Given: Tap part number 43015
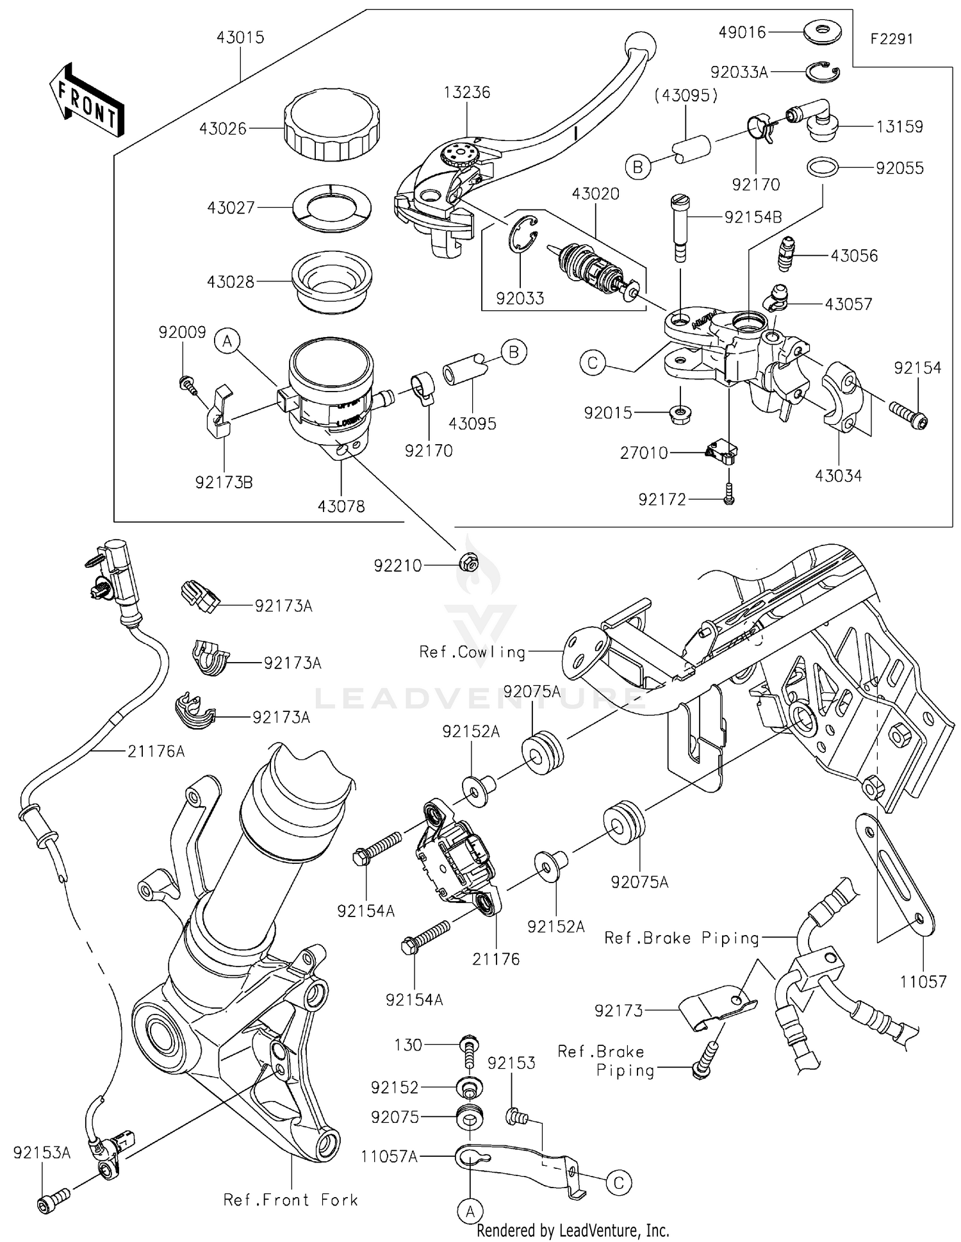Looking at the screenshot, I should point(240,37).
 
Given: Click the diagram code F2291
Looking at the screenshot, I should point(891,39).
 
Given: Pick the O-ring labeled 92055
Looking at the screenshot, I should point(823,168).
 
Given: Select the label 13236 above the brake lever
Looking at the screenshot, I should point(466,92).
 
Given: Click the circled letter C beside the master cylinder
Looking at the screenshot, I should point(593,363).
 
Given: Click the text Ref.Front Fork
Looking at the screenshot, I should point(290,1200).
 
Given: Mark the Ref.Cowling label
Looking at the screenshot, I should point(472,652).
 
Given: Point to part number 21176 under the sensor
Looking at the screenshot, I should point(496,959).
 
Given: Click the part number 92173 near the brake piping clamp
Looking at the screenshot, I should point(618,1011).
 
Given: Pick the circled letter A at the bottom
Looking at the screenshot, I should point(470,1211).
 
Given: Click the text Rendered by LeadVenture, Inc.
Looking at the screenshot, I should point(573,1230).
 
